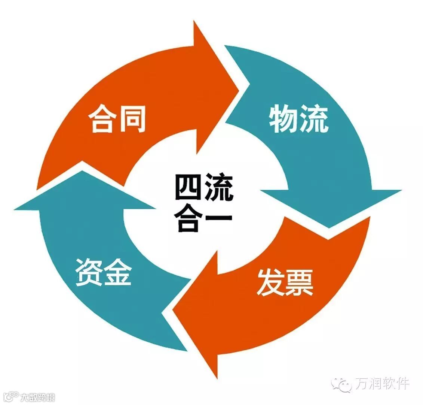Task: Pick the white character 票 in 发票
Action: [x=299, y=282]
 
